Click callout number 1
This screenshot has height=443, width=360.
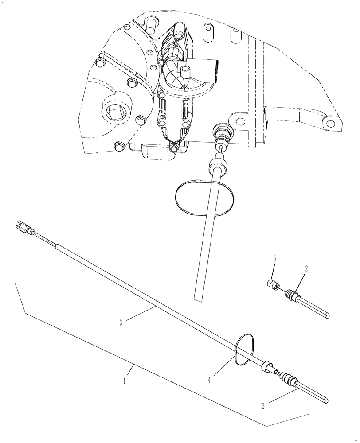[x=125, y=381]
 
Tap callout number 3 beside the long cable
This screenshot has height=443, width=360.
[x=121, y=323]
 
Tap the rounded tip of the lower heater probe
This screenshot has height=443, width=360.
[x=326, y=400]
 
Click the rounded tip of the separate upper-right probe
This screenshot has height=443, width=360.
[x=327, y=315]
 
